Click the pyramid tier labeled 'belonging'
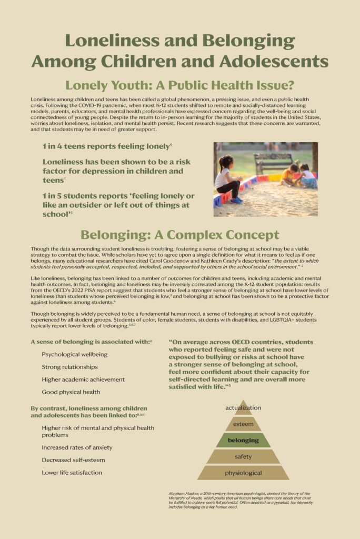click(243, 440)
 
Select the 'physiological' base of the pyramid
click(243, 473)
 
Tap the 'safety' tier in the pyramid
click(243, 456)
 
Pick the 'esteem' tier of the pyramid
click(243, 424)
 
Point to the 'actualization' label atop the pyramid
click(243, 407)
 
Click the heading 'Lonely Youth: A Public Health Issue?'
click(179, 85)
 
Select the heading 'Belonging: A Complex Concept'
click(179, 234)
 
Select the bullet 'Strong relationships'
click(69, 367)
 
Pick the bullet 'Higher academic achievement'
click(83, 380)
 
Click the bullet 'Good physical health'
click(71, 392)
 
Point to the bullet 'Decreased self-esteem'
click(73, 460)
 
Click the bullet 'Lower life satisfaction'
click(72, 473)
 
